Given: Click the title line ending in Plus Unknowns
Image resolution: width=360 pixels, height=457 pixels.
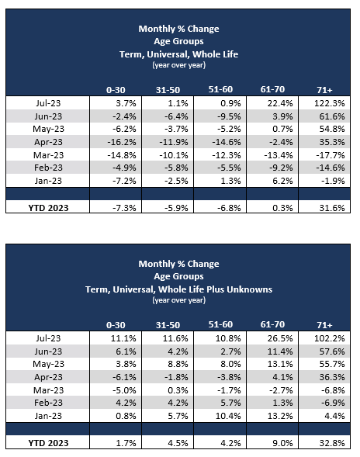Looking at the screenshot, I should coord(178,289).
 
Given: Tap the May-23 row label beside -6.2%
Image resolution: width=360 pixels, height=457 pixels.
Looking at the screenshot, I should coord(59,130).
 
